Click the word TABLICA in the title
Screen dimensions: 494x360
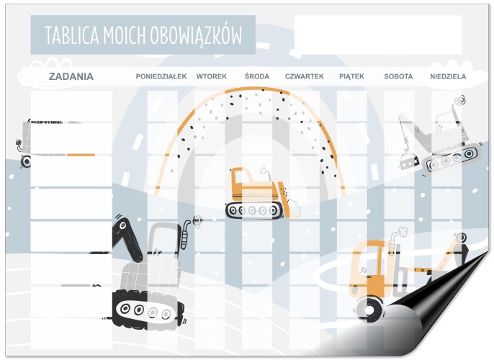pyautogui.click(x=72, y=35)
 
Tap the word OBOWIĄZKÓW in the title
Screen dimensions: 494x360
pyautogui.click(x=196, y=35)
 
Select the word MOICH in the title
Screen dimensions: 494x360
pyautogui.click(x=125, y=35)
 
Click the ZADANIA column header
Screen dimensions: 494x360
pyautogui.click(x=71, y=76)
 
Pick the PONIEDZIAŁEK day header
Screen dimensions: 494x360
pyautogui.click(x=161, y=76)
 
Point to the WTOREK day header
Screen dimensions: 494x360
pyautogui.click(x=212, y=76)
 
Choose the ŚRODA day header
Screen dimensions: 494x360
pyautogui.click(x=257, y=76)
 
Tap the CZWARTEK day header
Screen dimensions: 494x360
pyautogui.click(x=305, y=76)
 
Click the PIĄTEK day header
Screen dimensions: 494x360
pyautogui.click(x=351, y=76)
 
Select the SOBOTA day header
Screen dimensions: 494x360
pyautogui.click(x=398, y=76)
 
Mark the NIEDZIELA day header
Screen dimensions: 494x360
pyautogui.click(x=448, y=76)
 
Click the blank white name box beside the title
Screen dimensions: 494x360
pyautogui.click(x=378, y=35)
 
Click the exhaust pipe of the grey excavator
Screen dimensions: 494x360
pyautogui.click(x=185, y=235)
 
